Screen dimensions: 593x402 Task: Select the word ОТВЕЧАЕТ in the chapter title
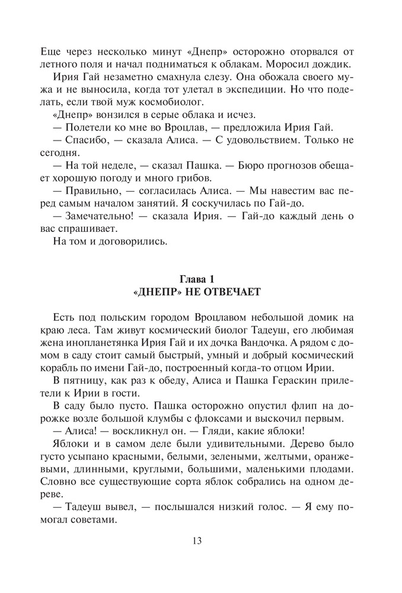pyautogui.click(x=231, y=293)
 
